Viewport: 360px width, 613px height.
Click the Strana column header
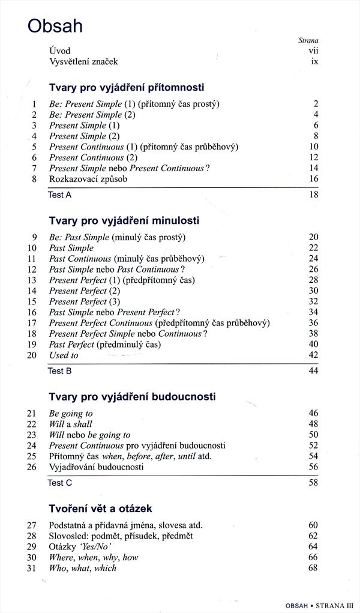308,40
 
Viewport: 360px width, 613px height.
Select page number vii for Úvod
312,51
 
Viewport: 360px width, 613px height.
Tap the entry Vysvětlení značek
84,62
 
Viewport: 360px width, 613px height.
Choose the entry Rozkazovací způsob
88,179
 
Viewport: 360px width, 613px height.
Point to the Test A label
59,195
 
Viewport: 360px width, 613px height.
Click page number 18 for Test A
313,195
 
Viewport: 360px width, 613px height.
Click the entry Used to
64,355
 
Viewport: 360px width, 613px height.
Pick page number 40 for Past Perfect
313,345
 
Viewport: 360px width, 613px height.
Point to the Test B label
59,371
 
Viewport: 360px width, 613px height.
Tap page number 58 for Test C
313,483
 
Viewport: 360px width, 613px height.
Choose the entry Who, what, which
83,568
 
